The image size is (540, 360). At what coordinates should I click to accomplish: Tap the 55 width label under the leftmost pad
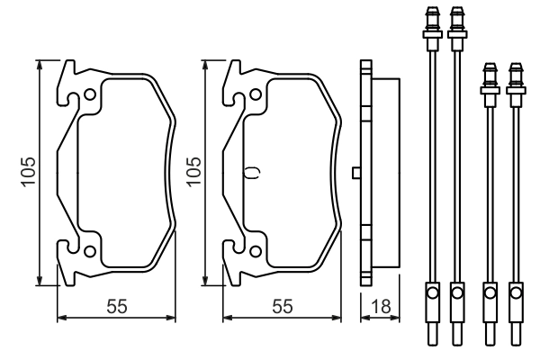coord(115,306)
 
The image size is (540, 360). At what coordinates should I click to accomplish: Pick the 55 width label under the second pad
coord(283,306)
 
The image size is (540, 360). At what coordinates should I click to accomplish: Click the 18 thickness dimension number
coord(381,306)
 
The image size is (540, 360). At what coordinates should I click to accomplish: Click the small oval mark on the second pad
coord(252,172)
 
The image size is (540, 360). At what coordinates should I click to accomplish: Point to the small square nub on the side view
coord(356,172)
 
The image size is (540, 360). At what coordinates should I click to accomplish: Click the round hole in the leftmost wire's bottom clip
coord(431,292)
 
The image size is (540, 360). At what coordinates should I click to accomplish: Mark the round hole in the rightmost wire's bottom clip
coord(515,292)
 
